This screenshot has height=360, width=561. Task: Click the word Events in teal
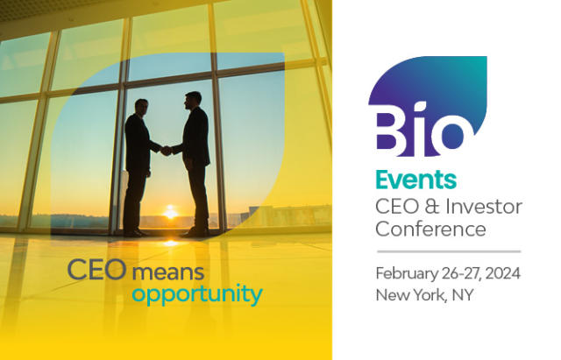pyautogui.click(x=415, y=180)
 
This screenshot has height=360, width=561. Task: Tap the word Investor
pyautogui.click(x=489, y=207)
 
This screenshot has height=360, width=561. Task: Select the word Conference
pyautogui.click(x=430, y=229)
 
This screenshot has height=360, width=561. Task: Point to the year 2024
pyautogui.click(x=502, y=273)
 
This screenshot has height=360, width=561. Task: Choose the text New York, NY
pyautogui.click(x=424, y=295)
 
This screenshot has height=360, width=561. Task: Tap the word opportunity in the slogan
pyautogui.click(x=197, y=295)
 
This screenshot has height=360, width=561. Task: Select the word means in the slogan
pyautogui.click(x=168, y=272)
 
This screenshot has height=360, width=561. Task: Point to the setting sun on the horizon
pyautogui.click(x=170, y=212)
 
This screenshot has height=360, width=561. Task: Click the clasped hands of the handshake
pyautogui.click(x=166, y=151)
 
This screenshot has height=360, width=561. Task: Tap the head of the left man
pyautogui.click(x=142, y=107)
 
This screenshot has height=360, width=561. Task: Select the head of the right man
pyautogui.click(x=193, y=101)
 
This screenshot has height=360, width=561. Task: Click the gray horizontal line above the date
pyautogui.click(x=449, y=251)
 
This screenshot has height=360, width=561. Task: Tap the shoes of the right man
pyautogui.click(x=195, y=233)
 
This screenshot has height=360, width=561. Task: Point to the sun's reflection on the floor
pyautogui.click(x=171, y=244)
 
